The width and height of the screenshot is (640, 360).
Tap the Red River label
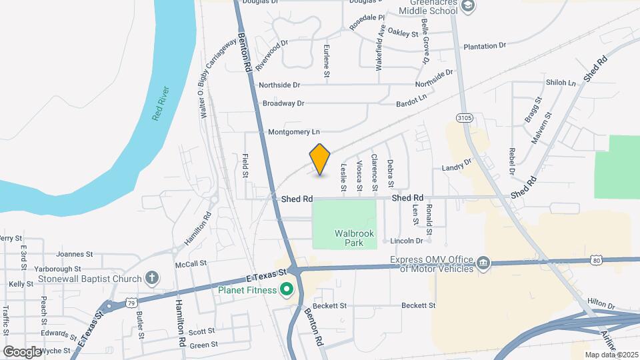[x=161, y=103]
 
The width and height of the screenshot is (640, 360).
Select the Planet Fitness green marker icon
[x=287, y=289]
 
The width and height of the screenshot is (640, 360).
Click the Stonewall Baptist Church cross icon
[x=152, y=279]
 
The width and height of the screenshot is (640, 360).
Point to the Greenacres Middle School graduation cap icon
[x=469, y=6]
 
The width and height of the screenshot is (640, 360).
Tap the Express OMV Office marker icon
[x=483, y=261]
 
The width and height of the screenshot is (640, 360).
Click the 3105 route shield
[x=465, y=117]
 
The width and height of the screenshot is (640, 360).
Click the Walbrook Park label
[x=355, y=238]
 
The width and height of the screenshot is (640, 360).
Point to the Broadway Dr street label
[x=283, y=103]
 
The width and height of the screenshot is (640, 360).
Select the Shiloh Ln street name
[x=561, y=83]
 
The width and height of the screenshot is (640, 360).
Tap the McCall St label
[x=191, y=265]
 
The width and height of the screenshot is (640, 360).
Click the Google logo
[x=23, y=351]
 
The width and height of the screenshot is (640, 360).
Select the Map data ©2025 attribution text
[x=610, y=355]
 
